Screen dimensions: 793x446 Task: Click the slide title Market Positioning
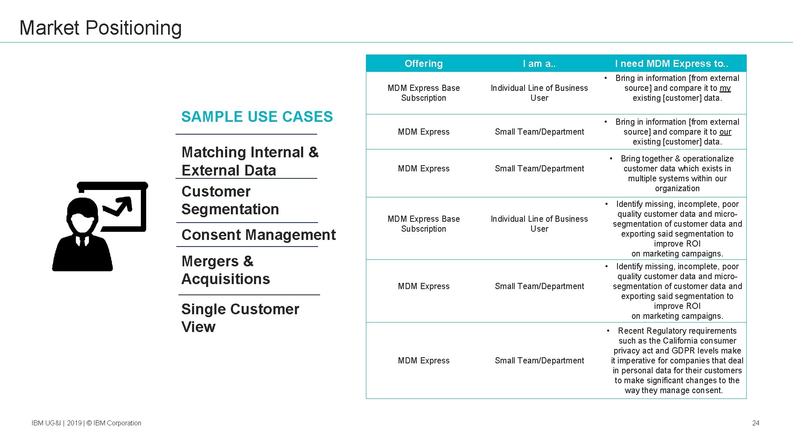pos(100,28)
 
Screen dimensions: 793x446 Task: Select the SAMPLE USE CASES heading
pos(257,117)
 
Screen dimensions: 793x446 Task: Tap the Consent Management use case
pos(258,235)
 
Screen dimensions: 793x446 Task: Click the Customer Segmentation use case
pos(230,200)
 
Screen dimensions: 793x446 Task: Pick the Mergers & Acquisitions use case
pos(225,270)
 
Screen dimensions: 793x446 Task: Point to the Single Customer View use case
pos(240,318)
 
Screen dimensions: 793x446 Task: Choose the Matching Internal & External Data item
pos(249,161)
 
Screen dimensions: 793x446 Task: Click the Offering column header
pos(423,64)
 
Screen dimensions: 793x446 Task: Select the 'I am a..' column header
pos(539,64)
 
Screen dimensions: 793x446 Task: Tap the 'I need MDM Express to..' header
pos(671,64)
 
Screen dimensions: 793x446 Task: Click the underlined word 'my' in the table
pos(725,88)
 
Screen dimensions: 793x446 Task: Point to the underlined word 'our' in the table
pos(725,132)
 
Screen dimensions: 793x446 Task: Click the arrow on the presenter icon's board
pos(120,206)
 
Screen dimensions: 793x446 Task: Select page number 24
pos(755,423)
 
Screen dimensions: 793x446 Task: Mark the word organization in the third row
pos(677,188)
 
